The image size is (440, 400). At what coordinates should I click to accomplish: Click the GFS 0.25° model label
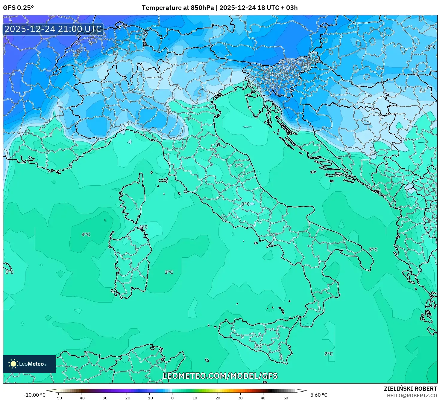18,8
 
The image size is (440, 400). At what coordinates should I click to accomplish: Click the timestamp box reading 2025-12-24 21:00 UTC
53,29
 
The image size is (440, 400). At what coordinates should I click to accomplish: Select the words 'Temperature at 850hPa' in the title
178,8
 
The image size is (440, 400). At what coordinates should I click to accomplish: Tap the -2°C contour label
430,47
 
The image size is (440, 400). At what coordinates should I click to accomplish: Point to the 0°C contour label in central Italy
245,204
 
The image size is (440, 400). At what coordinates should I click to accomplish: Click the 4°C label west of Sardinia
86,234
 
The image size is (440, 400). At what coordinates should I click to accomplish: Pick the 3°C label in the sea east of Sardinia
169,272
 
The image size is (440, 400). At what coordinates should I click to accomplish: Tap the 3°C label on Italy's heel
373,249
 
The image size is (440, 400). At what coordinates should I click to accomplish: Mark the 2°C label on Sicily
258,346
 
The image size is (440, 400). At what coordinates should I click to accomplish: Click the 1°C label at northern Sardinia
143,227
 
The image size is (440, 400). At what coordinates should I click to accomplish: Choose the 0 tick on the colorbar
172,398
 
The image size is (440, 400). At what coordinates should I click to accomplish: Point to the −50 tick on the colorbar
58,398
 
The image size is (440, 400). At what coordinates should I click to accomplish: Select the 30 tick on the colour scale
240,398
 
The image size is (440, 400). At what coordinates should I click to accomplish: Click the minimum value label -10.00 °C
34,395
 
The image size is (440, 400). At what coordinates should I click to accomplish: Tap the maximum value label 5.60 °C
319,395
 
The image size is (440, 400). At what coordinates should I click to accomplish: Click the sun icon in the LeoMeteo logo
13,364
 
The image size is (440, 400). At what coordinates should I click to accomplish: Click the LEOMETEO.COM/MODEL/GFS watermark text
220,376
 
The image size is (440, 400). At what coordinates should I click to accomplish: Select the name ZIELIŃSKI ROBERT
410,389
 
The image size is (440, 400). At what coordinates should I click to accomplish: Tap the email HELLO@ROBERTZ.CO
412,396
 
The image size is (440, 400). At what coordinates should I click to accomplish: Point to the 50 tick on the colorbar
286,398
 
